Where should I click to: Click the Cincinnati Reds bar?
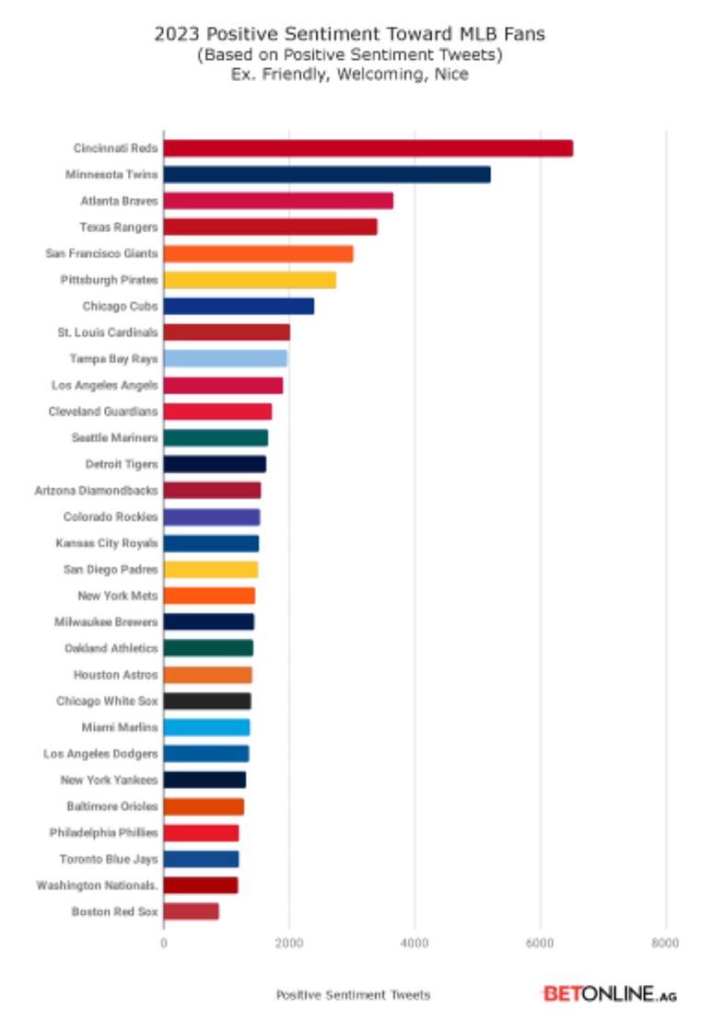click(368, 148)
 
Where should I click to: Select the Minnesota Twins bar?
click(327, 175)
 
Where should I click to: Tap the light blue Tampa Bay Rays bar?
click(226, 358)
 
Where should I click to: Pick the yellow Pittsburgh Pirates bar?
click(250, 280)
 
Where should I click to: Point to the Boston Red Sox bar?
click(192, 911)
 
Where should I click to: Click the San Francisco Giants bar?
click(258, 253)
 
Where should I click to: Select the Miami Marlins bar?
click(207, 727)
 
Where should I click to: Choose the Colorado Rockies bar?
click(212, 516)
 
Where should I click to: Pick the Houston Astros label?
click(116, 675)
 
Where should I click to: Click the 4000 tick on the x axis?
click(415, 943)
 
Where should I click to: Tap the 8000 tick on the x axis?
click(665, 943)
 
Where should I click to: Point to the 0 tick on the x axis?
click(164, 943)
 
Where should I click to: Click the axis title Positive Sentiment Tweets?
click(353, 995)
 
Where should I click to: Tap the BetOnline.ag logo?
click(609, 994)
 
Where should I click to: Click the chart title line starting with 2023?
click(349, 34)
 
